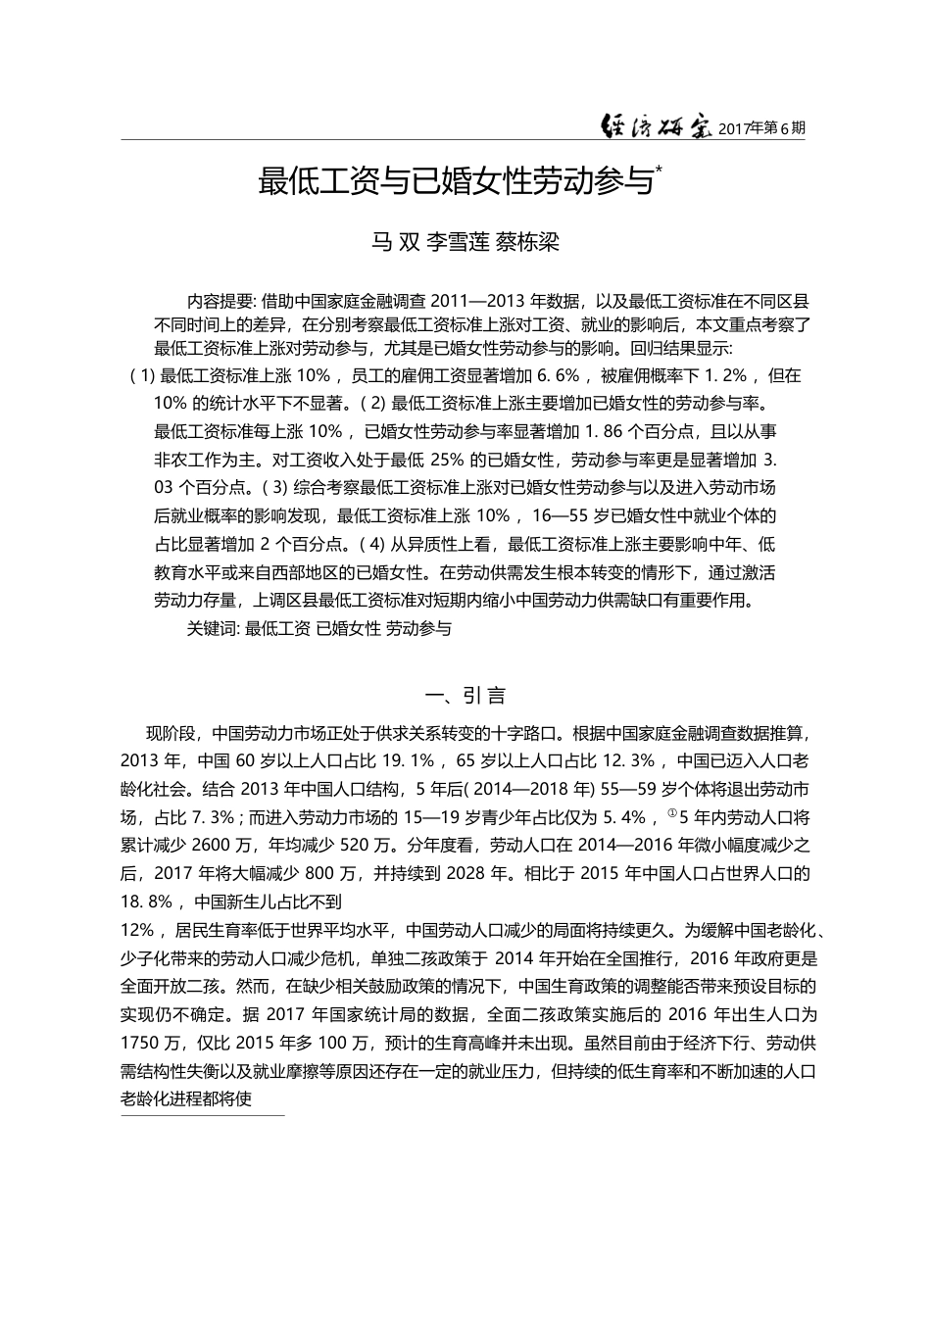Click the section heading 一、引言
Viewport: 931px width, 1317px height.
(x=465, y=696)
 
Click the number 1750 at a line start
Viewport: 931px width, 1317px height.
(x=141, y=1043)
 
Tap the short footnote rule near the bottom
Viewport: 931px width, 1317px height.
(x=202, y=1114)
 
